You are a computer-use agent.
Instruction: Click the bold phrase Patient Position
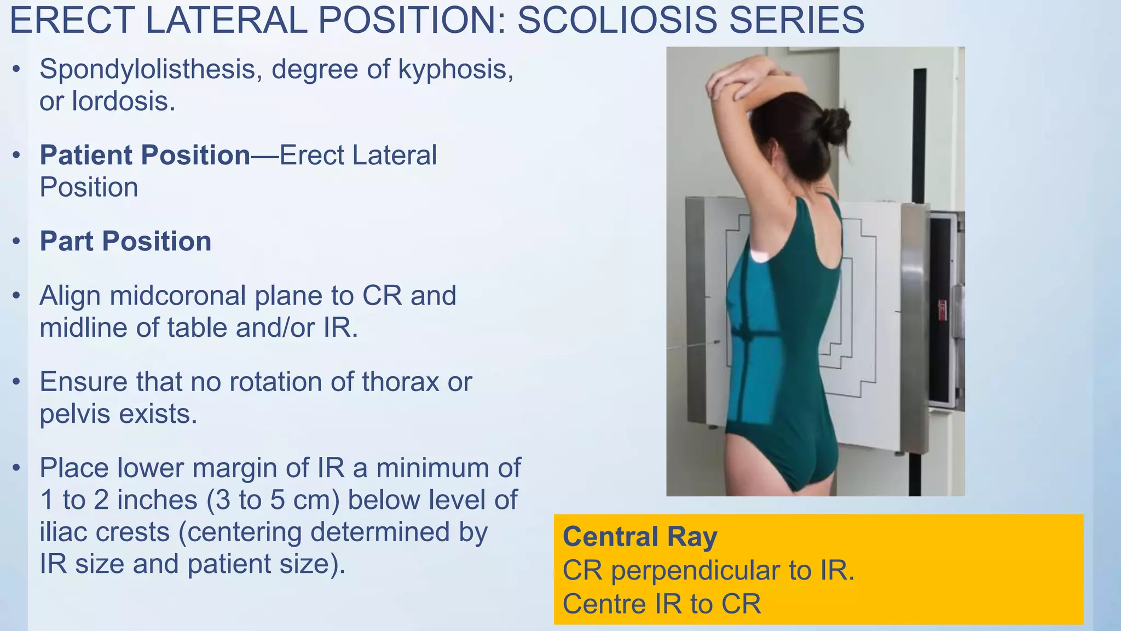pos(145,155)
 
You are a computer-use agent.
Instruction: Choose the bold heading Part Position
pos(125,242)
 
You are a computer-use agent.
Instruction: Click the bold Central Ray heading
pos(640,536)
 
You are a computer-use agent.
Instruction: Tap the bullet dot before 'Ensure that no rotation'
pos(17,382)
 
